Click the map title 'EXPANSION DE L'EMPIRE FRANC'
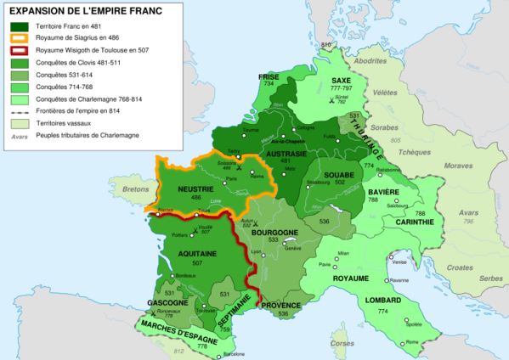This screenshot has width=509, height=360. [84, 11]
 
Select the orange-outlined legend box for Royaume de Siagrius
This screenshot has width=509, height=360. [17, 38]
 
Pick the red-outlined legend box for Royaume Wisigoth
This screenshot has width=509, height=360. [17, 50]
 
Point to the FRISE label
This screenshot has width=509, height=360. [269, 76]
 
